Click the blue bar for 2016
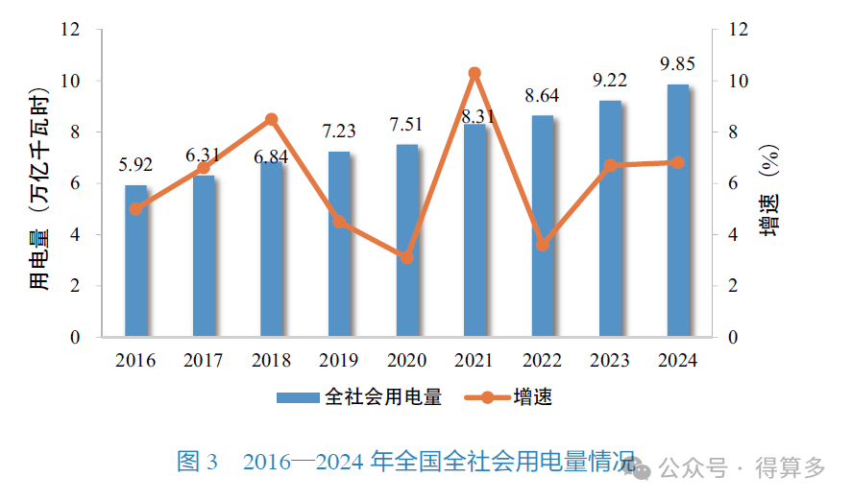(x=136, y=261)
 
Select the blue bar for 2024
(x=677, y=211)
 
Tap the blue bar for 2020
(x=407, y=241)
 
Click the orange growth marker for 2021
(x=475, y=73)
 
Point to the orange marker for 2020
(x=407, y=257)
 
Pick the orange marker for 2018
(x=272, y=119)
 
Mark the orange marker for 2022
(x=543, y=245)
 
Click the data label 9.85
(x=677, y=64)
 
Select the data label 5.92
(x=136, y=165)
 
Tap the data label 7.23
(x=339, y=131)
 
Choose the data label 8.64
(x=542, y=95)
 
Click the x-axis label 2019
(x=339, y=361)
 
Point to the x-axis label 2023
(x=610, y=361)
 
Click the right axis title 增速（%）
(x=768, y=195)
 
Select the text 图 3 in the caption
(x=199, y=462)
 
